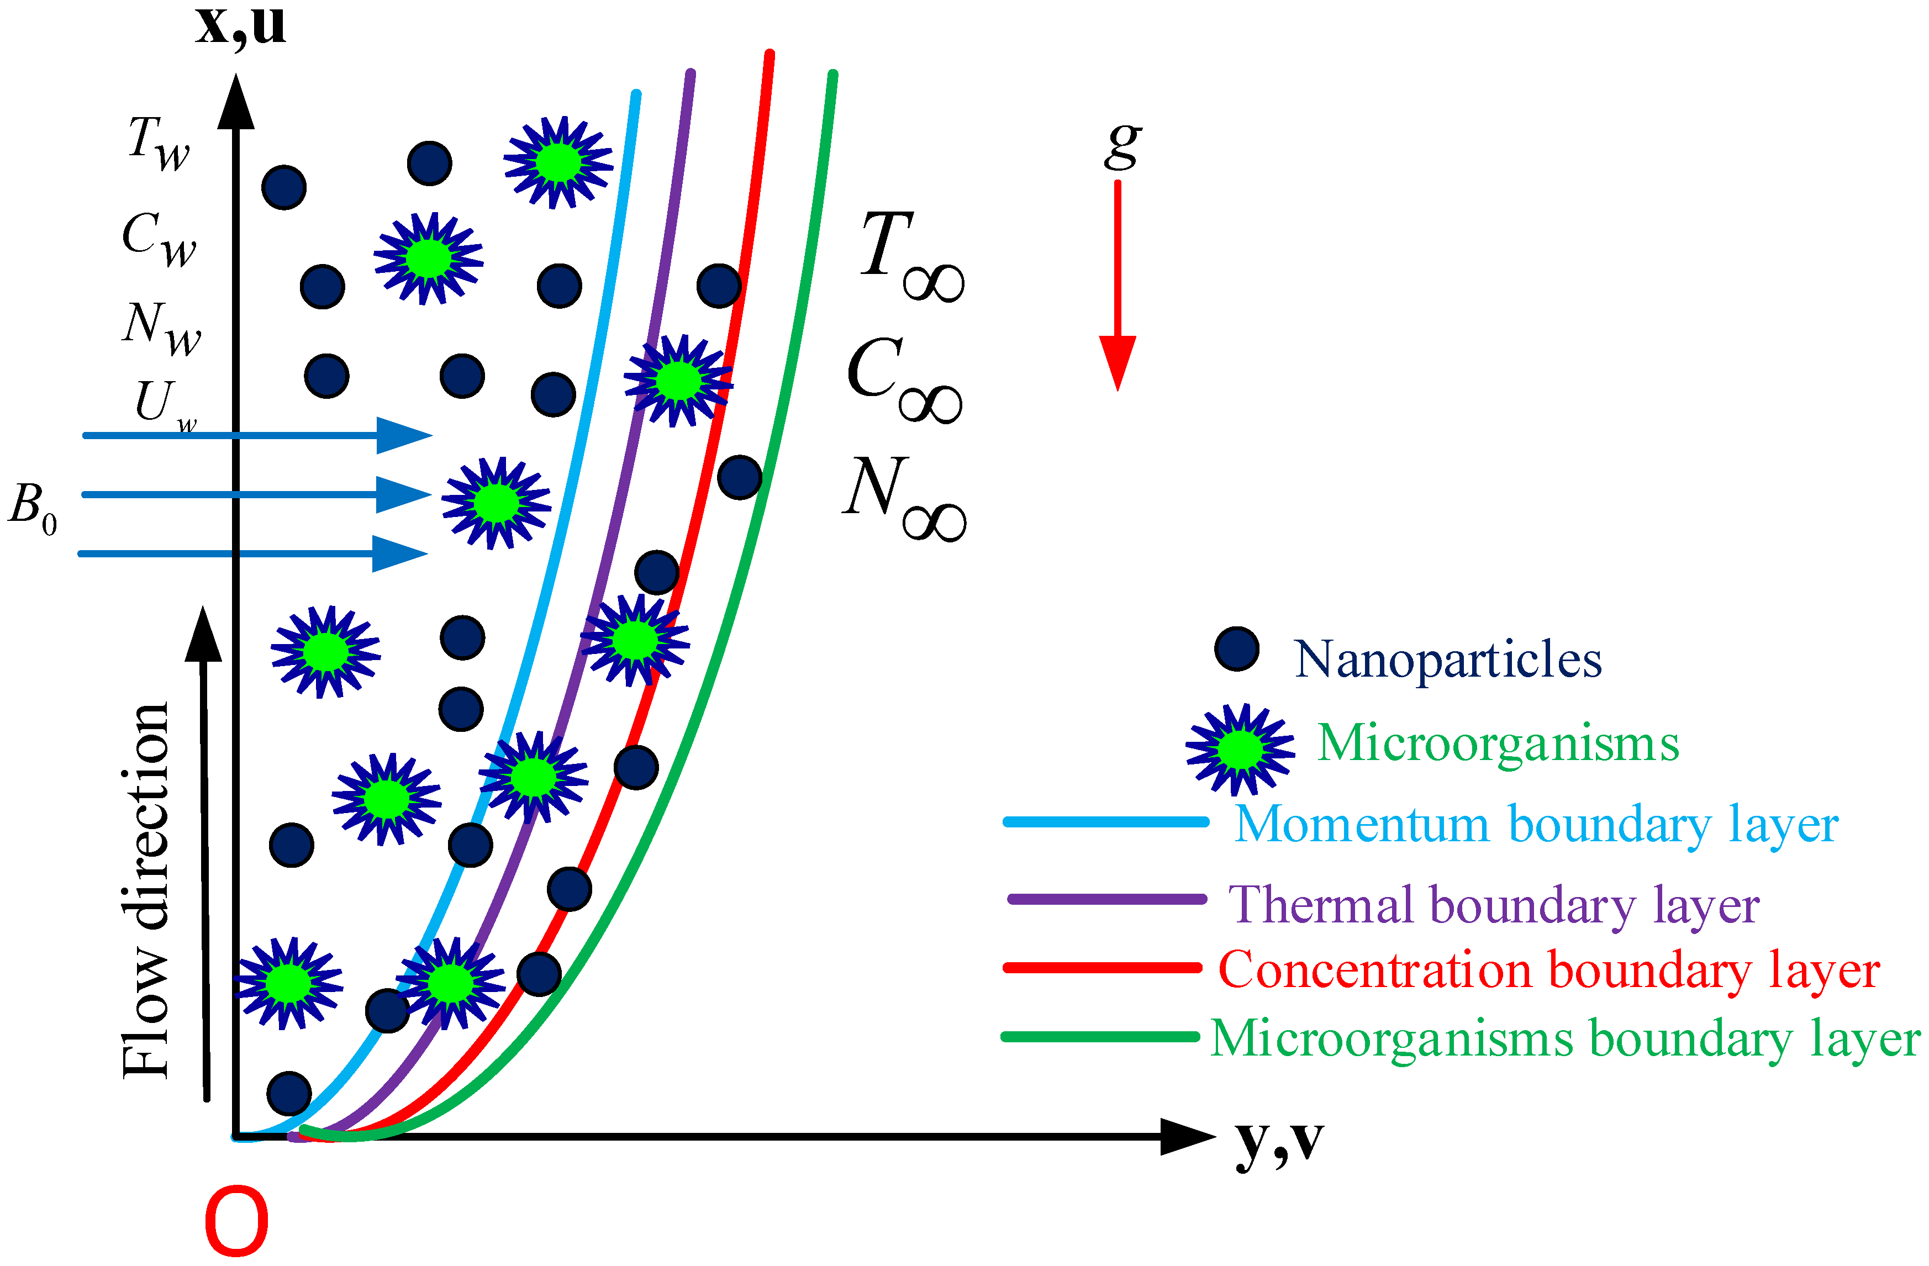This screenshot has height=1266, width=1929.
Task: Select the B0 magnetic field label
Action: tap(33, 507)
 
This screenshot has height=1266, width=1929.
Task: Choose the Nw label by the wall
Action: tap(161, 328)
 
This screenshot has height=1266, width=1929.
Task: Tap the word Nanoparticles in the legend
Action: tap(1447, 659)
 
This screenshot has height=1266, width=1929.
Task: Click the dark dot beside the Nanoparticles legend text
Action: tap(1237, 649)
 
